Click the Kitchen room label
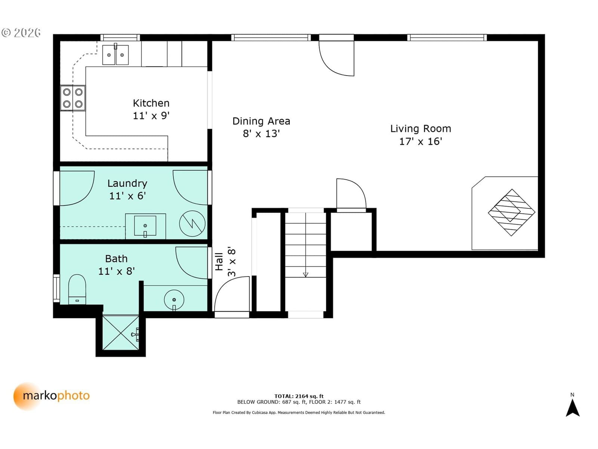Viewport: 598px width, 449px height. [151, 103]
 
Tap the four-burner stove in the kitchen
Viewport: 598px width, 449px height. [73, 98]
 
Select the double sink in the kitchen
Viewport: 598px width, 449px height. [115, 55]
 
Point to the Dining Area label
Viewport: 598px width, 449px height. [261, 121]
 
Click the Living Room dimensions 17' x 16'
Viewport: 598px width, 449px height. [420, 141]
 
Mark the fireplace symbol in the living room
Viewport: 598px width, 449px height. [511, 213]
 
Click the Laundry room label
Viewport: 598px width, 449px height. [127, 184]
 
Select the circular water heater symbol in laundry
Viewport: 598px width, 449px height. [192, 223]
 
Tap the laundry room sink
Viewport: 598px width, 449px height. [145, 226]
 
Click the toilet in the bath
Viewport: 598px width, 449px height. [77, 289]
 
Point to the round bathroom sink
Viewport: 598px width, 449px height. [174, 300]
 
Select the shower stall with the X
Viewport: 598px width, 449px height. [120, 332]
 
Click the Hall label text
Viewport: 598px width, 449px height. [219, 262]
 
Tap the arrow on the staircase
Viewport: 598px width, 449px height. [305, 245]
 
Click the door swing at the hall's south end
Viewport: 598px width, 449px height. [232, 294]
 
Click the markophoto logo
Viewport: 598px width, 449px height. [51, 396]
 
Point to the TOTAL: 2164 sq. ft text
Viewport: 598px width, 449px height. [299, 396]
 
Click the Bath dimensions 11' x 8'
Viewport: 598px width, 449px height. [116, 271]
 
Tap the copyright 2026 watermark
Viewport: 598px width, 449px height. [21, 33]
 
